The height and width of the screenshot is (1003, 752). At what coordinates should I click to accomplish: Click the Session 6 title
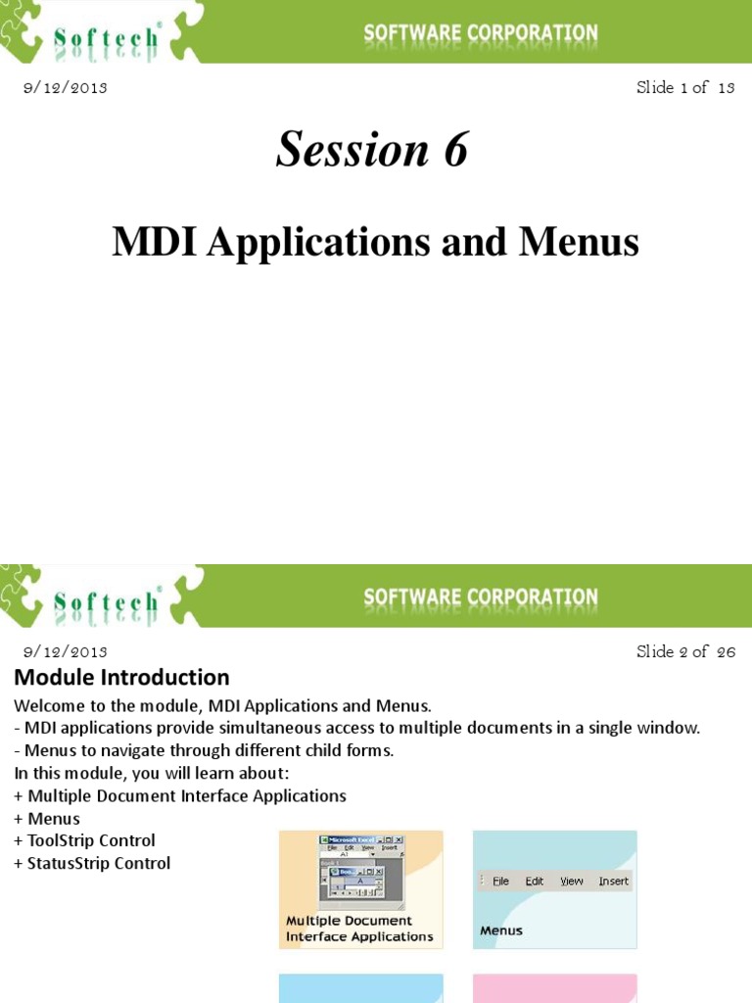click(x=372, y=151)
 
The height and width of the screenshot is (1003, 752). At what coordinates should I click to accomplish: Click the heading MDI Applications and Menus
click(x=375, y=241)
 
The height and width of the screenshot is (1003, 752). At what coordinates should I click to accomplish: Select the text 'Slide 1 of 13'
click(x=685, y=87)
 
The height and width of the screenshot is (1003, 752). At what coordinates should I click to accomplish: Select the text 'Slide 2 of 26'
click(x=685, y=651)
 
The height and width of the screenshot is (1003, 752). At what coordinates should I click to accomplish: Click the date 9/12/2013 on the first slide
click(x=65, y=87)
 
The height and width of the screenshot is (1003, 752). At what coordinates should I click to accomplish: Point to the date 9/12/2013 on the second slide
click(x=65, y=651)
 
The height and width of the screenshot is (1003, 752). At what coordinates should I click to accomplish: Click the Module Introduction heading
click(x=121, y=677)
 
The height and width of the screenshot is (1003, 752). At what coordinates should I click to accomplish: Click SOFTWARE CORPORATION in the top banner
click(x=481, y=33)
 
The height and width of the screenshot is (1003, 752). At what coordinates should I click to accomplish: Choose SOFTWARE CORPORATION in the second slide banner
click(x=481, y=597)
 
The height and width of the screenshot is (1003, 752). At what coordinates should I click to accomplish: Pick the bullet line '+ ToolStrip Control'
click(x=84, y=840)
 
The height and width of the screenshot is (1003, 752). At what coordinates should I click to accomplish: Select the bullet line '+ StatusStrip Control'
click(x=92, y=863)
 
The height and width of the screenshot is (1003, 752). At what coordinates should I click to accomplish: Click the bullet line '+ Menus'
click(x=47, y=818)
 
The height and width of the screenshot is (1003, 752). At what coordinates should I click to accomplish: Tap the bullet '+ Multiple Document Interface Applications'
click(x=180, y=795)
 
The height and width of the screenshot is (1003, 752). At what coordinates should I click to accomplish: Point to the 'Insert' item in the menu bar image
click(x=613, y=881)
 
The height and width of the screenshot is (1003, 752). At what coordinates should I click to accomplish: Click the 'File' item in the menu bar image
click(x=500, y=881)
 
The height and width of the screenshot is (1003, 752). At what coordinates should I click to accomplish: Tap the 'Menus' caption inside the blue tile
click(x=501, y=931)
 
